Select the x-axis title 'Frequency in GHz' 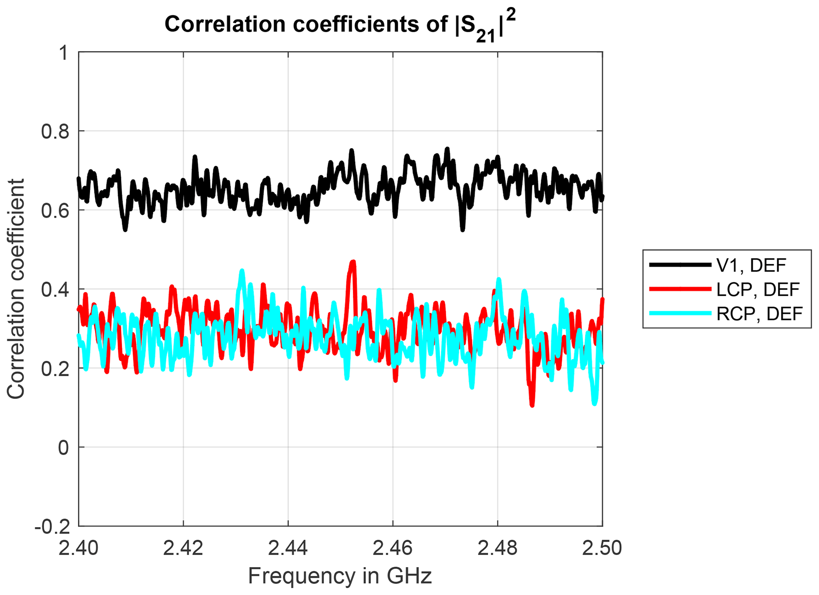(x=340, y=576)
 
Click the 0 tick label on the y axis (x=63, y=448)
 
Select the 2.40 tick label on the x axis (x=78, y=549)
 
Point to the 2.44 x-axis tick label (x=288, y=549)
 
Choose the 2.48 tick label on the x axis (x=498, y=549)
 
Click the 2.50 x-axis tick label (x=602, y=549)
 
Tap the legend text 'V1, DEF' (x=751, y=265)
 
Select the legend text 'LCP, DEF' (x=758, y=289)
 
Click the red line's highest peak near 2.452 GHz (x=353, y=262)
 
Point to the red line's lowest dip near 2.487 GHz (x=532, y=405)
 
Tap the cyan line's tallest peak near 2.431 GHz (x=242, y=271)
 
